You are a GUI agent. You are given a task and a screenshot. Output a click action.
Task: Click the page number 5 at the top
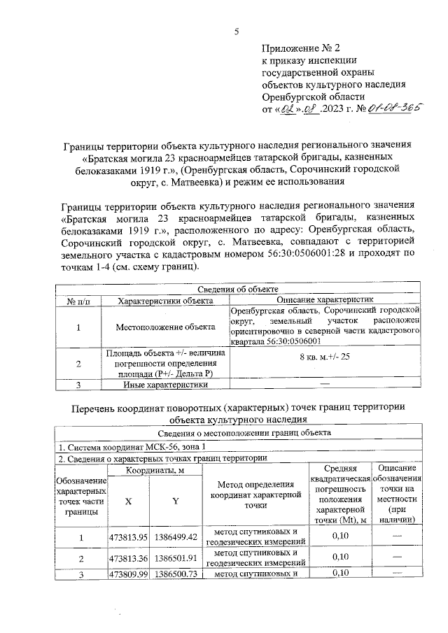(236, 31)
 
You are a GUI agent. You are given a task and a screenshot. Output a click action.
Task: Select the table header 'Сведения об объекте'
(238, 289)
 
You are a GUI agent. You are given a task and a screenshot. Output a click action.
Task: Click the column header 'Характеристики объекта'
(166, 299)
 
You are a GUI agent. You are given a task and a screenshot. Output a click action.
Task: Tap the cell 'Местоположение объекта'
(166, 327)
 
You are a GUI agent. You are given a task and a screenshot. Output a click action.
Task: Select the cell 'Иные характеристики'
(166, 384)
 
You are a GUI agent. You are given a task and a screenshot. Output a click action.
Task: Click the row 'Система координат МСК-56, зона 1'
(132, 446)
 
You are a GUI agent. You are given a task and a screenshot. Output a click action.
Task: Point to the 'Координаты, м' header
(155, 471)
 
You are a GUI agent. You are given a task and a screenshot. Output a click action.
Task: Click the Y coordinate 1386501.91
(176, 557)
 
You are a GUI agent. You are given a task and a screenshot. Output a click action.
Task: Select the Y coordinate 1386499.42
(176, 537)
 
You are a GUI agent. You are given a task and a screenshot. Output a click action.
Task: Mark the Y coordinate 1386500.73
(176, 574)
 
